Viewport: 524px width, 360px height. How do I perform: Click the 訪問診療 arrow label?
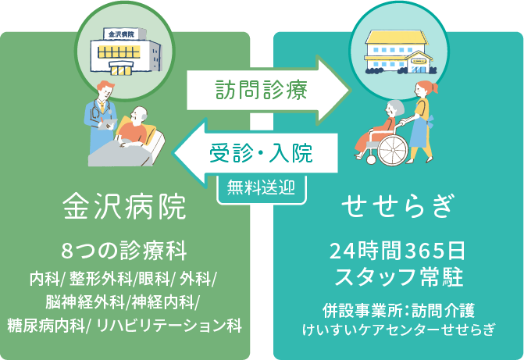point(261,90)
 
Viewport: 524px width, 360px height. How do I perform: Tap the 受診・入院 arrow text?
point(261,153)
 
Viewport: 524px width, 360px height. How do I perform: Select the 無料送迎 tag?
point(262,187)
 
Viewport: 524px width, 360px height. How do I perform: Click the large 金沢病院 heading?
point(124,207)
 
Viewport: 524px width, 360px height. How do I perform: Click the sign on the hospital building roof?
point(121,34)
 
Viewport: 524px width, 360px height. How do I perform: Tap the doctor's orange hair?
point(105,86)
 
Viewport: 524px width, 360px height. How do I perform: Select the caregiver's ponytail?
point(434,87)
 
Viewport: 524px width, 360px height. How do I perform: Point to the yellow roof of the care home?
point(397,37)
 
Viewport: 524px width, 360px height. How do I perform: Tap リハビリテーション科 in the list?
point(169,325)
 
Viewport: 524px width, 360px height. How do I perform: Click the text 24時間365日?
point(397,251)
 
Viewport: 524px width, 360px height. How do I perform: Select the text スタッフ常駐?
point(398,277)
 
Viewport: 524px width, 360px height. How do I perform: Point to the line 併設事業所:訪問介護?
point(398,310)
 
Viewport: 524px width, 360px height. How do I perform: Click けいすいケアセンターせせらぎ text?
point(398,330)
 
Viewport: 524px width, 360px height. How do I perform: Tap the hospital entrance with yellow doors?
point(120,69)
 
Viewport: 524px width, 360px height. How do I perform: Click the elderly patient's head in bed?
point(139,116)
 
